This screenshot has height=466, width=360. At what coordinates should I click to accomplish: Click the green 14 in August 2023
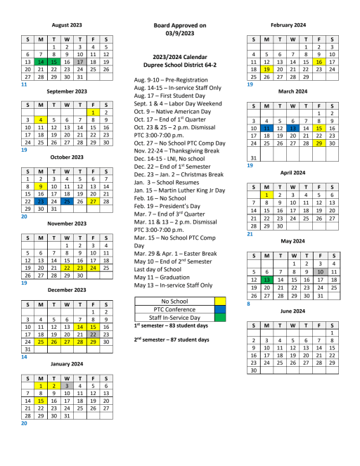(40, 62)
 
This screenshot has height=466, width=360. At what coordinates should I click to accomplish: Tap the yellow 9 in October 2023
(40, 186)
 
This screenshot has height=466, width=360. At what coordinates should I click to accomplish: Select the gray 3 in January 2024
(66, 385)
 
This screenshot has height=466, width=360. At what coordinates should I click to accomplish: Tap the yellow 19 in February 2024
(266, 70)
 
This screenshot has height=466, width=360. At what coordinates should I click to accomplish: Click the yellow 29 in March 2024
(319, 143)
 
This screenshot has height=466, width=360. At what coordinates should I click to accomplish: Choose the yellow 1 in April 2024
(266, 195)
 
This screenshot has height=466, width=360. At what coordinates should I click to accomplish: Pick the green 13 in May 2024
(266, 280)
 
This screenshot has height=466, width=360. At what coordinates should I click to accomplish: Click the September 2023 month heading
(66, 91)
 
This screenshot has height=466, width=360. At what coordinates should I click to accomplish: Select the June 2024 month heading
(292, 310)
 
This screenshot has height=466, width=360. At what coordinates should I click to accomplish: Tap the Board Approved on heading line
(179, 25)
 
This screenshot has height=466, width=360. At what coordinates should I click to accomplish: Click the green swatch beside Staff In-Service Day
(219, 318)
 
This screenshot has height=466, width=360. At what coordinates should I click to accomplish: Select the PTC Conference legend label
(174, 309)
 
